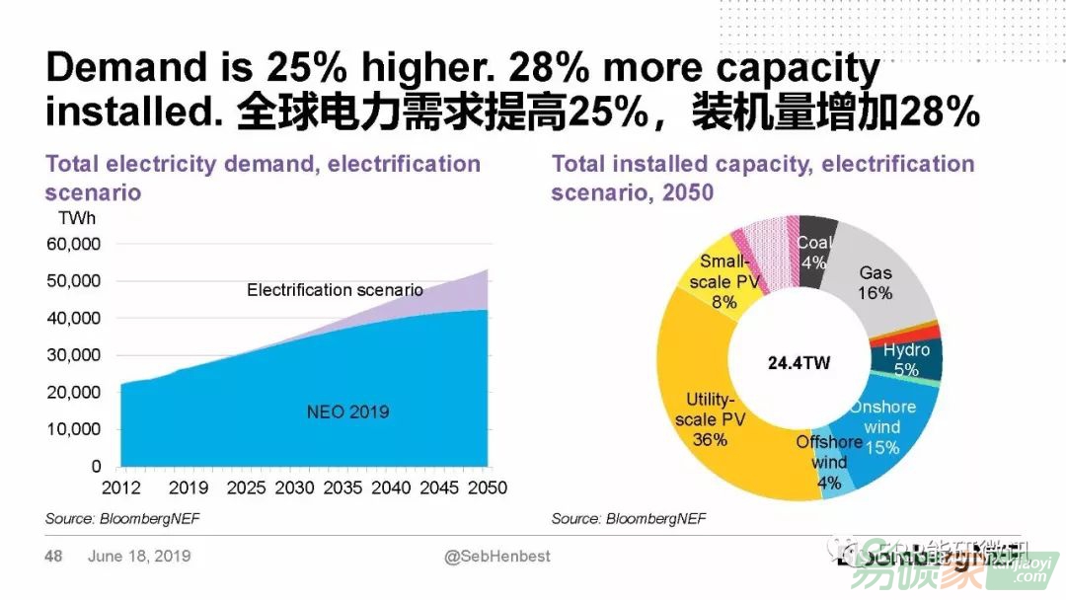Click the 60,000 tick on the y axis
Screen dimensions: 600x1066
pyautogui.click(x=74, y=244)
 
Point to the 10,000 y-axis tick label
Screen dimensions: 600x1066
pyautogui.click(x=74, y=429)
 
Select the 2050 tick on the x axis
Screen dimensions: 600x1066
pyautogui.click(x=486, y=488)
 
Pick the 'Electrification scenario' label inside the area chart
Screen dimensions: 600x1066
pyautogui.click(x=335, y=290)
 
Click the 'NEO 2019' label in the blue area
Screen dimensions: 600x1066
pyautogui.click(x=347, y=412)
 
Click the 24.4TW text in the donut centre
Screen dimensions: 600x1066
pyautogui.click(x=799, y=363)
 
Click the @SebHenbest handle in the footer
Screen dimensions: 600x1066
pyautogui.click(x=497, y=557)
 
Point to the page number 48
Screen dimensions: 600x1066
pyautogui.click(x=53, y=557)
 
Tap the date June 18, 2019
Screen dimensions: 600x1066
pyautogui.click(x=139, y=557)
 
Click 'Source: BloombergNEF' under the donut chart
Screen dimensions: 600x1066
pyautogui.click(x=629, y=518)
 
